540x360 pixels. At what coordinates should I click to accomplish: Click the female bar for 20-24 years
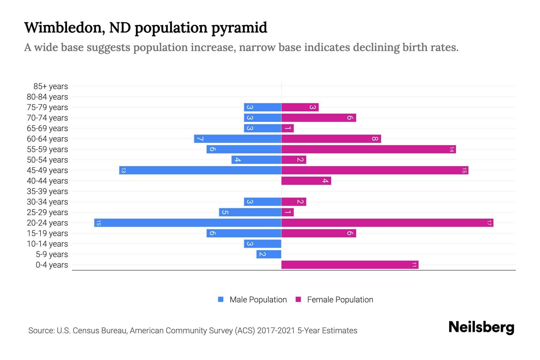pos(387,223)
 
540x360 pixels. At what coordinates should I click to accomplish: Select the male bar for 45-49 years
pos(200,170)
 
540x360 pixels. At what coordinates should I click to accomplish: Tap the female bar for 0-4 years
pos(349,265)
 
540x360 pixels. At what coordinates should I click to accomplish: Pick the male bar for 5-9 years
pos(268,254)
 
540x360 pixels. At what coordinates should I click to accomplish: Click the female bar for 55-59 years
pos(368,149)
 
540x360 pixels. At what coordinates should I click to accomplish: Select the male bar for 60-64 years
pos(238,139)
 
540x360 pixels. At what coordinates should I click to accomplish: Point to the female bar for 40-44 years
pos(306,181)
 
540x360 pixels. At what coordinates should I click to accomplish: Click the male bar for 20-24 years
pos(187,223)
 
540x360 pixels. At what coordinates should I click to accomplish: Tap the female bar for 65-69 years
pos(287,128)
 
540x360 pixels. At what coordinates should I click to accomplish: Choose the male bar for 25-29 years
pos(250,212)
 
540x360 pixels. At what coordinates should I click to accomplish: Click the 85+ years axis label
pos(50,86)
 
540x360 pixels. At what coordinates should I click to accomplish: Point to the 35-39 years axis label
pos(47,191)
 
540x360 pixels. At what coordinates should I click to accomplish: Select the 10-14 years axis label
pos(47,244)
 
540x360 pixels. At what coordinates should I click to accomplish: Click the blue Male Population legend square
pos(221,299)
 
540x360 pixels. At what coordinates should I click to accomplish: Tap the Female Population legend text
pos(340,300)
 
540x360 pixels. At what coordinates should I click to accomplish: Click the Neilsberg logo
pos(481,327)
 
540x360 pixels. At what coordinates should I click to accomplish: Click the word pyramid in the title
pos(239,28)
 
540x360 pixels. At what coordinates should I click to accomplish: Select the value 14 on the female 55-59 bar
pos(451,149)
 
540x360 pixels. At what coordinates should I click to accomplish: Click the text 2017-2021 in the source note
pos(276,331)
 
